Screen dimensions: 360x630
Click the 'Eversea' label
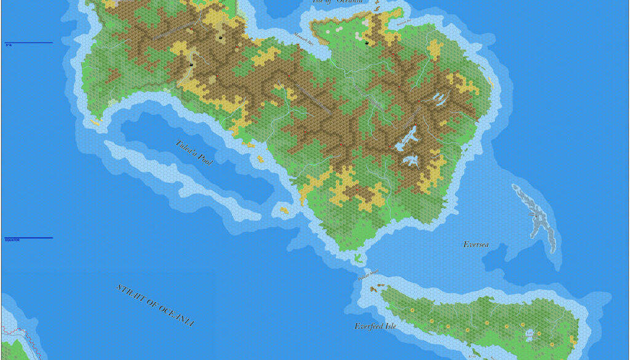pyautogui.click(x=476, y=245)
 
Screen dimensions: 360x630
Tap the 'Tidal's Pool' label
pyautogui.click(x=194, y=152)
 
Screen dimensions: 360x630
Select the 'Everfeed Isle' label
pyautogui.click(x=375, y=326)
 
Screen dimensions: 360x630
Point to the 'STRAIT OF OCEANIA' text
pyautogui.click(x=154, y=306)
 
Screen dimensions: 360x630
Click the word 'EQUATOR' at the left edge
pyautogui.click(x=12, y=240)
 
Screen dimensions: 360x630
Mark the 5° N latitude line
pyautogui.click(x=31, y=42)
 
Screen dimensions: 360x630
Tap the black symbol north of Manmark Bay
pyautogui.click(x=367, y=42)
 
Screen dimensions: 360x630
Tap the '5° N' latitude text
pyautogui.click(x=9, y=45)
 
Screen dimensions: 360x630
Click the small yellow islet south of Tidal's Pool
pyautogui.click(x=284, y=210)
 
